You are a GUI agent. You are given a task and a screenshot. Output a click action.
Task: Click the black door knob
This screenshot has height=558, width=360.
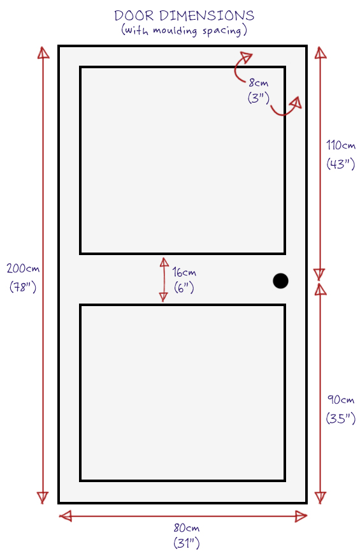pos(280,281)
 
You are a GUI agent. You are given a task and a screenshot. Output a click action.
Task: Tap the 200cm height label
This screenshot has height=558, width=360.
pos(23,268)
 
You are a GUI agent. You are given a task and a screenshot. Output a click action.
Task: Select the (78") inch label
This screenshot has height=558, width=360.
pos(23,286)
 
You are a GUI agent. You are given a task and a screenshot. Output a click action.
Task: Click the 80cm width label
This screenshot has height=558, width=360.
pos(187,528)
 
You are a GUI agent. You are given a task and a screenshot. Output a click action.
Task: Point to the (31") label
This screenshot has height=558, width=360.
pos(187,543)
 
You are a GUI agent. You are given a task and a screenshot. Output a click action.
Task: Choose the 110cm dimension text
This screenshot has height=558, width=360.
pos(341,145)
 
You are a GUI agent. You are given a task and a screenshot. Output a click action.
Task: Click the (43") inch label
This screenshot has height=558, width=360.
pos(341,164)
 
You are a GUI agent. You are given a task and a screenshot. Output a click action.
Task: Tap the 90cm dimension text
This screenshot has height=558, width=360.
pos(341,400)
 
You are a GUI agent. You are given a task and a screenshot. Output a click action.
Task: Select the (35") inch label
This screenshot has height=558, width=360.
pos(341,418)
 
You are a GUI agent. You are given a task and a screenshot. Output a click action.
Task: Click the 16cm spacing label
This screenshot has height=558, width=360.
pos(184,272)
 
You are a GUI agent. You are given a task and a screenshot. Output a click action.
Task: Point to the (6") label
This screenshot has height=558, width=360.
pos(184,287)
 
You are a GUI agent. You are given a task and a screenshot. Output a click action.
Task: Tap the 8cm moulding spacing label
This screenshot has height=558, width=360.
pos(259,83)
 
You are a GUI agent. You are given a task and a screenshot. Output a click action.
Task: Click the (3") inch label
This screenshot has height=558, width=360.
pos(259,98)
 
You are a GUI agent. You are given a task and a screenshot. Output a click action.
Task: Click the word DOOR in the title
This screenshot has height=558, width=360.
pos(134,16)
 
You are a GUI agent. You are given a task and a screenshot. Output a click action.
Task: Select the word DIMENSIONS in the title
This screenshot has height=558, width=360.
pos(206,16)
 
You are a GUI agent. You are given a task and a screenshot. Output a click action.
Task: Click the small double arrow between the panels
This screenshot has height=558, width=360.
pos(164,280)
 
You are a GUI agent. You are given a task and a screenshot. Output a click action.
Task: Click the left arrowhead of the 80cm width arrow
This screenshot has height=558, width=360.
pos(66,516)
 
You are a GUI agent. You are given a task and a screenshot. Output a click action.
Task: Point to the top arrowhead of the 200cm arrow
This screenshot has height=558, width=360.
pos(43,52)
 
